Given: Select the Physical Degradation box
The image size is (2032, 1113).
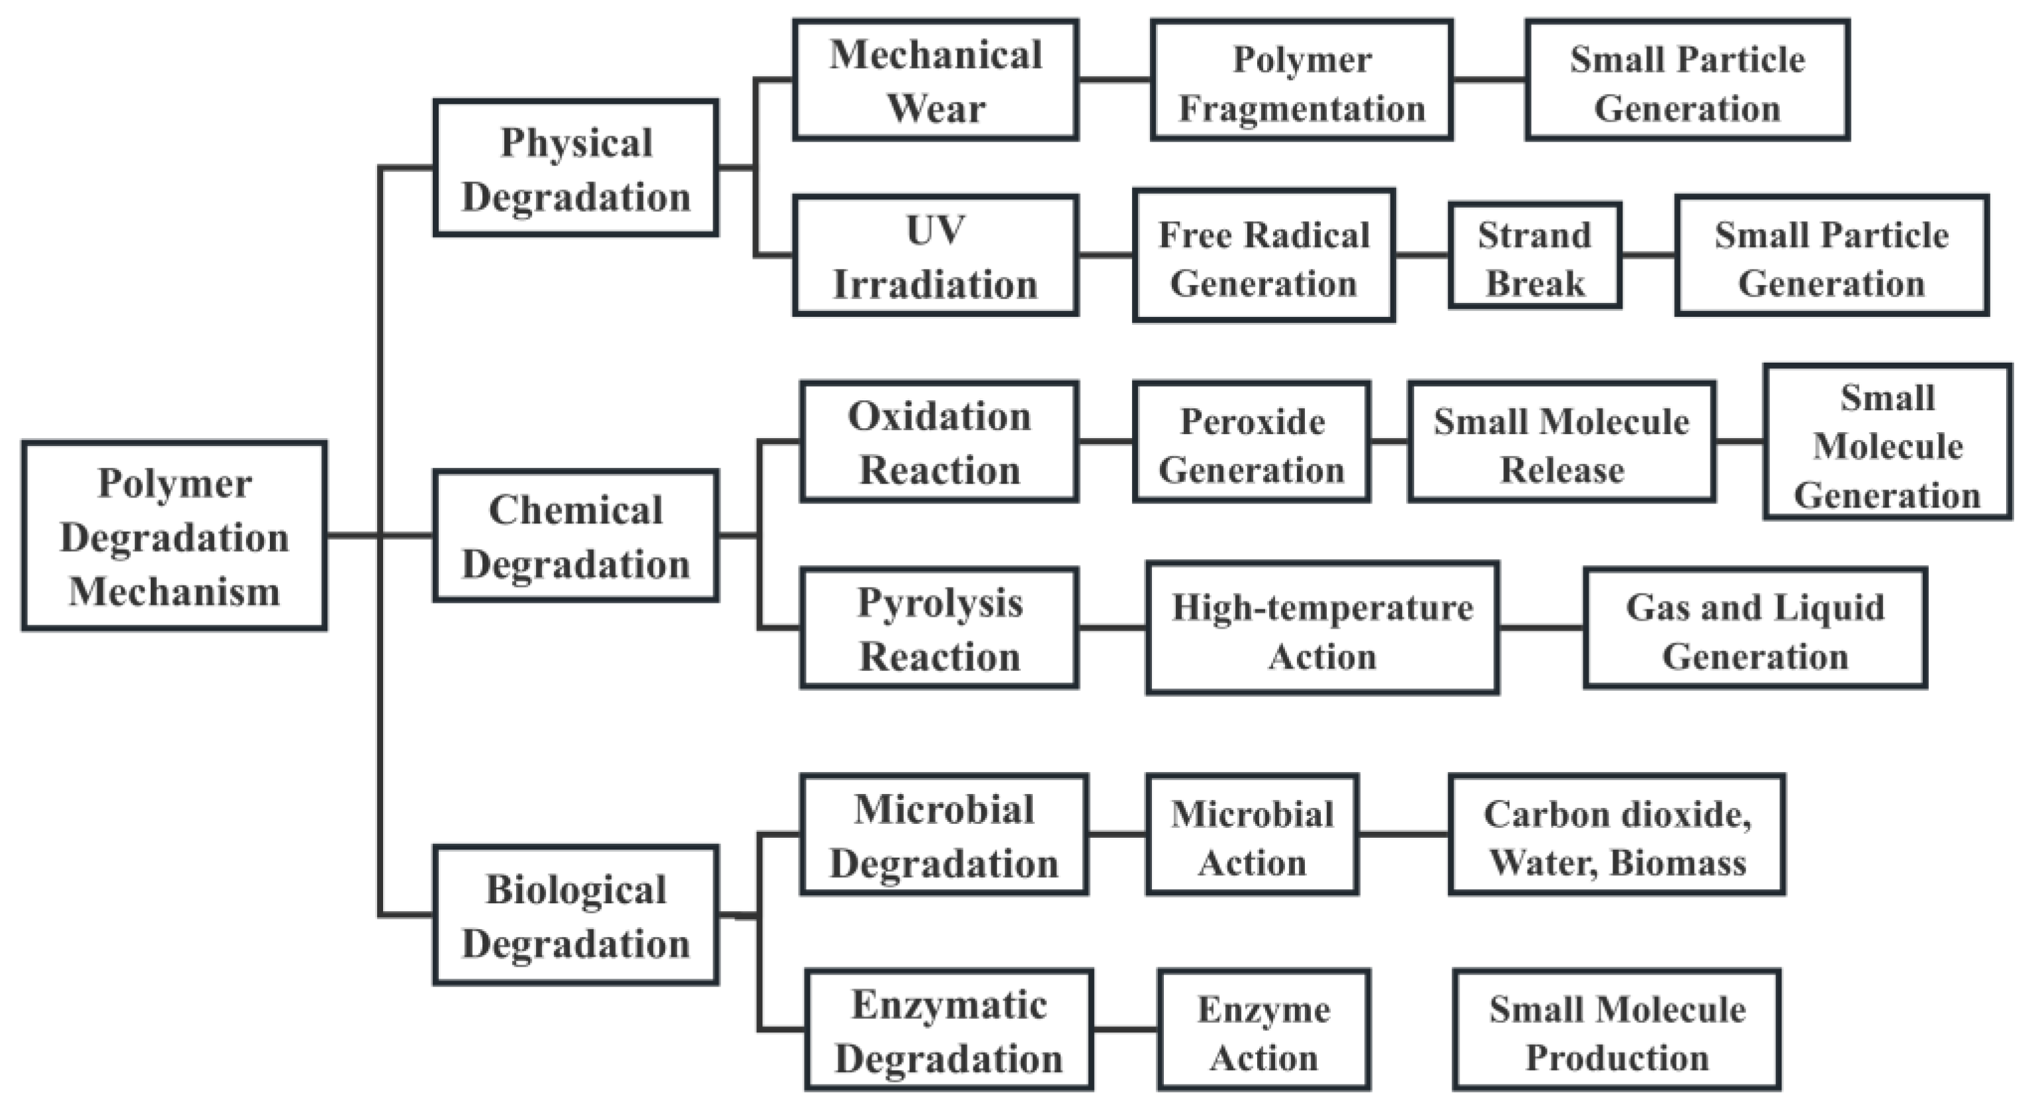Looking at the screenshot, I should point(576,168).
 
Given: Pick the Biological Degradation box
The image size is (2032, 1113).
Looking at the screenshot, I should point(576,915).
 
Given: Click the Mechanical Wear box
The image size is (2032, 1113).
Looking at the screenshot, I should point(936,79).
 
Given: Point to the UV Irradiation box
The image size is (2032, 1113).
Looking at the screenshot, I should point(936,255).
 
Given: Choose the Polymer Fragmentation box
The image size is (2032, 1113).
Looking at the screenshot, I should point(1302,79).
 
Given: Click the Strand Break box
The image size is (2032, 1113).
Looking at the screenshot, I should point(1535,255).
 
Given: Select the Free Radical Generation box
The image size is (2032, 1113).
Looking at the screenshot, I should point(1264,255).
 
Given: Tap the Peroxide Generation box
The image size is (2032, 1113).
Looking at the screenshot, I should point(1252,442).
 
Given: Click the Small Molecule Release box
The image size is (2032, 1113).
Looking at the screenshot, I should point(1562,442).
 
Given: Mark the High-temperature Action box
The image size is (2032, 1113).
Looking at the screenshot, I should point(1323,628).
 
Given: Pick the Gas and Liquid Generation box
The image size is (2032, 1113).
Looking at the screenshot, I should point(1755,628).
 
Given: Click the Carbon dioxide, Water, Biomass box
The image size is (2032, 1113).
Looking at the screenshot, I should point(1617,834).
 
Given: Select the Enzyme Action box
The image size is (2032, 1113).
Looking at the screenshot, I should point(1264,1030).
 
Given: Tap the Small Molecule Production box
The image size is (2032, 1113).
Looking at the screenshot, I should point(1617,1030).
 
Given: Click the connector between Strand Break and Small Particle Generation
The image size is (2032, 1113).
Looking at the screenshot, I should point(1649,255).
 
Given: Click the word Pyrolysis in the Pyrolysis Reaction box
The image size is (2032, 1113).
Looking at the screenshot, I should point(940,603).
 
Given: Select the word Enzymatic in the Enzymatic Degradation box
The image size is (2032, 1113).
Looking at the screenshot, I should point(949,1006).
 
